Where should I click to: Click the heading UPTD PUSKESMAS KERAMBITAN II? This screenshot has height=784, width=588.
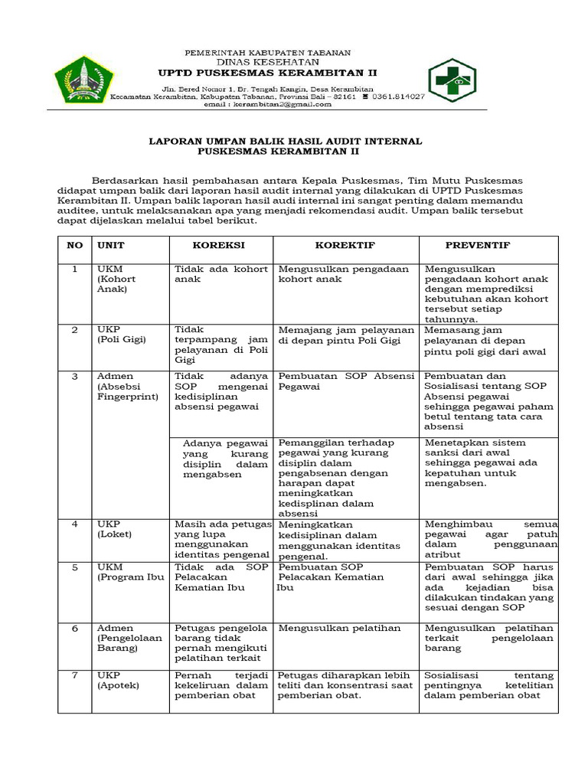click(267, 73)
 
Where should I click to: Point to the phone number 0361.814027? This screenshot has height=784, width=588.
click(398, 97)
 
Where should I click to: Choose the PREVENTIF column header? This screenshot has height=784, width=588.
click(478, 245)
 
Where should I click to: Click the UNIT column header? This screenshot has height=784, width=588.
click(110, 245)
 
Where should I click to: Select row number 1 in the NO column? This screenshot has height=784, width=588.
click(75, 269)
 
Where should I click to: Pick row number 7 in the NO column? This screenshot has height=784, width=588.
click(75, 675)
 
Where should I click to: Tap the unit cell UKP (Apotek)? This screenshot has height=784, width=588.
click(118, 681)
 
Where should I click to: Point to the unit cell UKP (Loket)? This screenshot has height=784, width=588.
click(115, 529)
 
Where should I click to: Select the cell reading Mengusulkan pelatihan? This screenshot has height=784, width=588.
click(339, 629)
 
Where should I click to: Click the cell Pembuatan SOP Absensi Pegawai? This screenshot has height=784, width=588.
click(346, 381)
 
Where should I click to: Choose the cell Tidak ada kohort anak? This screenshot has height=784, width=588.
click(221, 274)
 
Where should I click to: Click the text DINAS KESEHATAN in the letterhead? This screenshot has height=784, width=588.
click(267, 62)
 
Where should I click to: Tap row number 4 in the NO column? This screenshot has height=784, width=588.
click(75, 524)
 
